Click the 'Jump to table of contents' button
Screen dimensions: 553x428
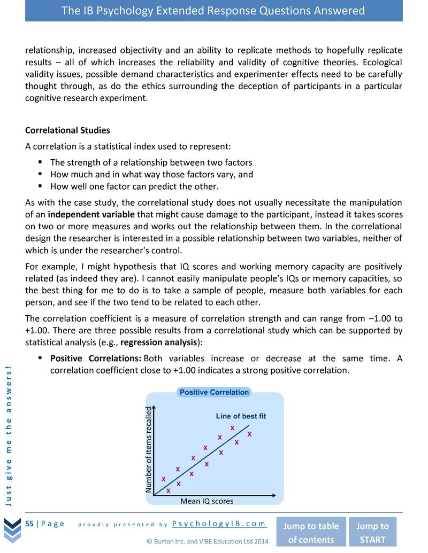tap(310, 532)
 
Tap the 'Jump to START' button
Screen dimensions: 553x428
tap(372, 532)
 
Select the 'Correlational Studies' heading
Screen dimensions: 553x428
tap(67, 130)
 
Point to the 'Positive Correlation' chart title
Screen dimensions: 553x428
tap(214, 392)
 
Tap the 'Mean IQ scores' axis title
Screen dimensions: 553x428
tap(207, 501)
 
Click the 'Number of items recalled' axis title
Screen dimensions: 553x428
tap(149, 450)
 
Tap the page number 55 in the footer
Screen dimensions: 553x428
tap(29, 524)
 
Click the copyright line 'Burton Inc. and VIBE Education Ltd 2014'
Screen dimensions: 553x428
tap(207, 541)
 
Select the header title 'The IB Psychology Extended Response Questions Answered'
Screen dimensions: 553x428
tap(213, 11)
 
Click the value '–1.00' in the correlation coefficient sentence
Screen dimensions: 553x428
tap(379, 318)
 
